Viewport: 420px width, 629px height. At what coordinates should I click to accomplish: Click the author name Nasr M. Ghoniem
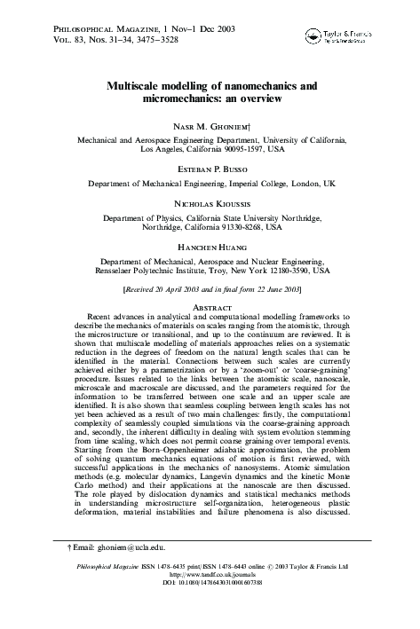210,126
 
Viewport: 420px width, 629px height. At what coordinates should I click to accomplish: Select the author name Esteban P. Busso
210,167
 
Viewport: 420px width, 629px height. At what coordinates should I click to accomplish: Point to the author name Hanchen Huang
210,243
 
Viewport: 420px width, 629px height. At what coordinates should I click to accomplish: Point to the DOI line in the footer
210,586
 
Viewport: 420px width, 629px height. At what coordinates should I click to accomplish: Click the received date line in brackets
210,290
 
